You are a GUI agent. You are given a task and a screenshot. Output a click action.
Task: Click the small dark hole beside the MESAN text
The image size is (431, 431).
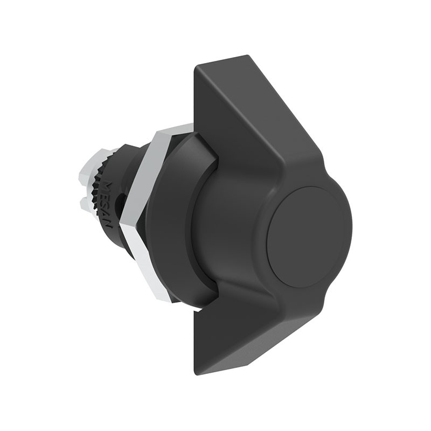tap(123, 203)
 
